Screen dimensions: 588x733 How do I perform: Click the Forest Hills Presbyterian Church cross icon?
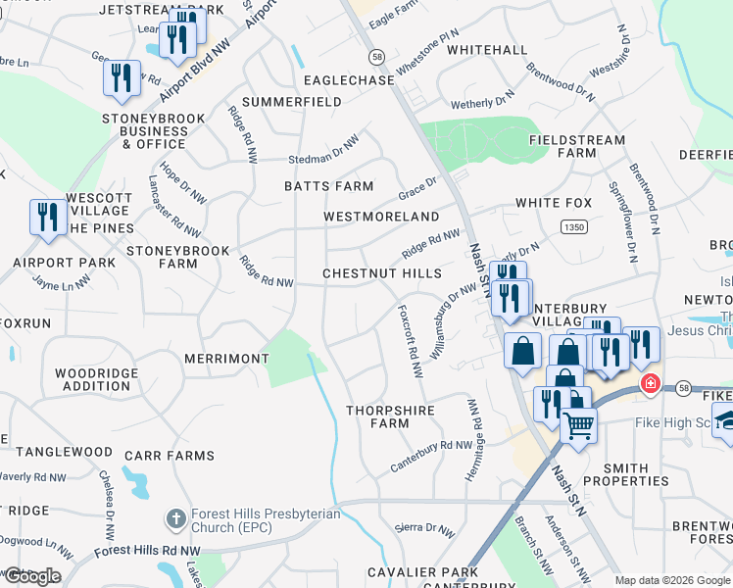click(x=175, y=517)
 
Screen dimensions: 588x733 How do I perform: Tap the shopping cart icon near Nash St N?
click(x=578, y=427)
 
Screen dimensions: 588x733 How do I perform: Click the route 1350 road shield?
click(x=574, y=226)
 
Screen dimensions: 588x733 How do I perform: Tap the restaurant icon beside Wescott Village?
click(x=47, y=217)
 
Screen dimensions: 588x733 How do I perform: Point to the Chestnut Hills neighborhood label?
click(x=382, y=273)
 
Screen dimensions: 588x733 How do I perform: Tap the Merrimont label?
click(x=226, y=359)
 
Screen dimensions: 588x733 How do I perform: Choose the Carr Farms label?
click(x=177, y=456)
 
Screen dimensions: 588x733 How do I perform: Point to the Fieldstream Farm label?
click(x=576, y=147)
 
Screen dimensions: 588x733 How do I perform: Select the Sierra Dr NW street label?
click(x=424, y=529)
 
